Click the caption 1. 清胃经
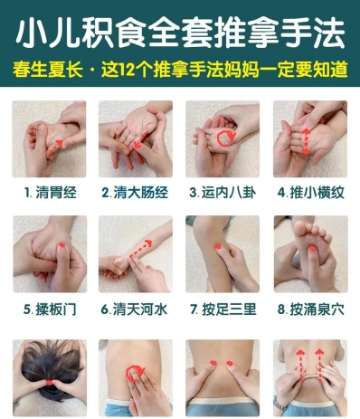coord(51,193)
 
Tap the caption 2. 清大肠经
coord(135,193)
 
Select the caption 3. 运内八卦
coord(223,193)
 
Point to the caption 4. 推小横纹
coord(311,193)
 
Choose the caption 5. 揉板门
coord(50,309)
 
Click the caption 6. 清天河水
coord(134,309)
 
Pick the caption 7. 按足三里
coord(223,309)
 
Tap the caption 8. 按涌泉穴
coord(311,309)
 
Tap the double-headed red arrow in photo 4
coord(306,142)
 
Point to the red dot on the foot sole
coord(312,249)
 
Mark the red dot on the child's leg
coord(218,246)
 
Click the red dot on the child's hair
coord(50,383)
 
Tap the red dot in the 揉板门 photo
coord(62,245)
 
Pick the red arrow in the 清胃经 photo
coord(56,147)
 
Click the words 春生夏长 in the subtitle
coord(48,70)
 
